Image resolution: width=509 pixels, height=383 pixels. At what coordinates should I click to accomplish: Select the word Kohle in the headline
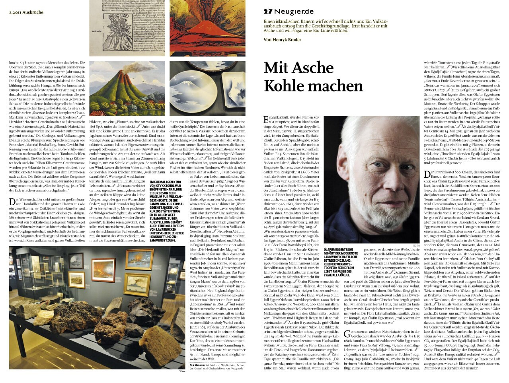288,86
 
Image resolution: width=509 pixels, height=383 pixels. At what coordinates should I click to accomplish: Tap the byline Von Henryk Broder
282,40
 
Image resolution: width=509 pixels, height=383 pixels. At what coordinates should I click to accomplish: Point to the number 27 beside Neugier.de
267,12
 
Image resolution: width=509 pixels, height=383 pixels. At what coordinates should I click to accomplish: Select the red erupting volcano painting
207,28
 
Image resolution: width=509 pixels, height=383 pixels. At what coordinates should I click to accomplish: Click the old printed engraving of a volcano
127,28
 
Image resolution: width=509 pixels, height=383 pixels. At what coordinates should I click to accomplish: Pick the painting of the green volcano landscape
127,88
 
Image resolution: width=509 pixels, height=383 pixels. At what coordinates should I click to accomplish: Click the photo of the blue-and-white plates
207,88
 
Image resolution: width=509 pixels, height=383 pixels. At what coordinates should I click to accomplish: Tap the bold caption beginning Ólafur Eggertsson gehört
342,261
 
